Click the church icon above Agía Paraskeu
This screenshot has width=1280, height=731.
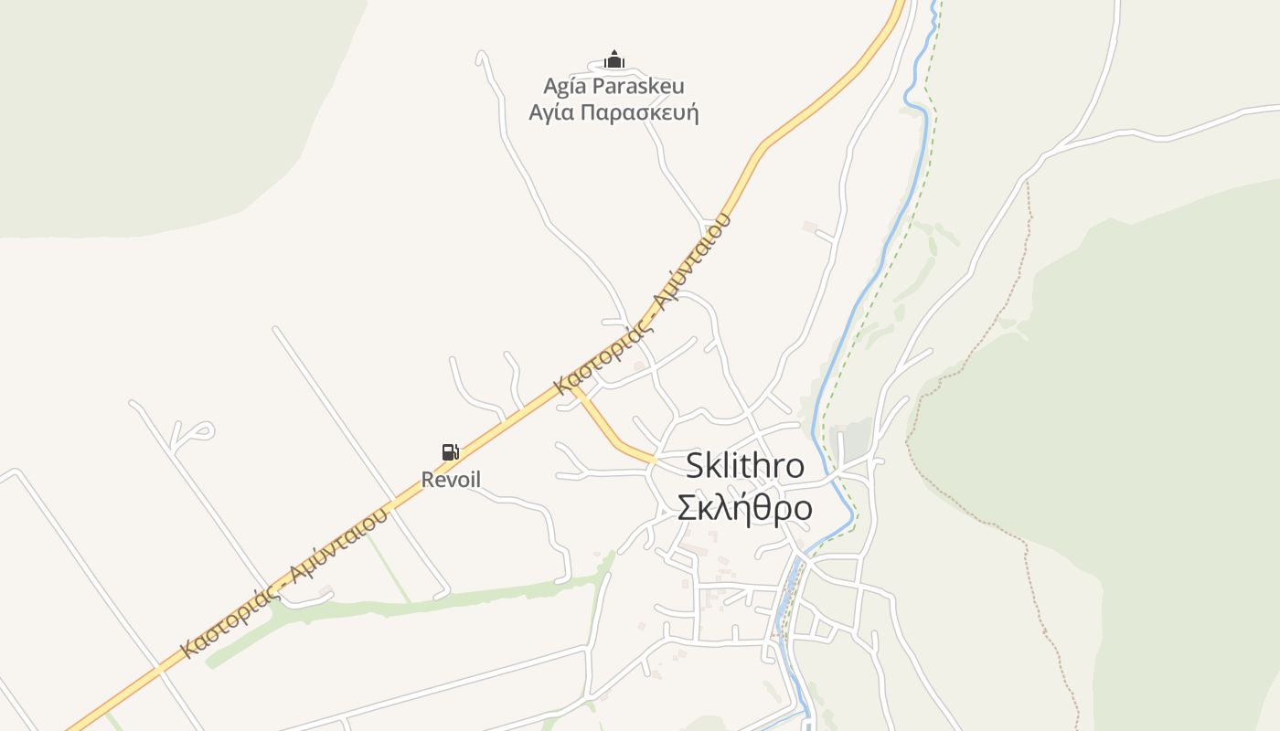[614, 60]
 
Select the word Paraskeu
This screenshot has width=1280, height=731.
[637, 87]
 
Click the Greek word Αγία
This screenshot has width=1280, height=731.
[551, 113]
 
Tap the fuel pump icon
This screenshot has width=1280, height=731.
[450, 451]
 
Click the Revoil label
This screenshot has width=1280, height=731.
[451, 480]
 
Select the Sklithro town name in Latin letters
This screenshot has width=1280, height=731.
[745, 466]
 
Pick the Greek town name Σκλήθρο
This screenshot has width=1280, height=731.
[744, 508]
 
